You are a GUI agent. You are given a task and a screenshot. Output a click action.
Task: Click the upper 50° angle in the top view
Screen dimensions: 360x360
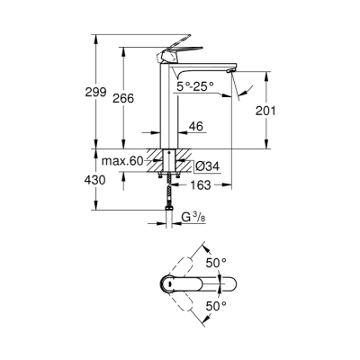tap(217, 262)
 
